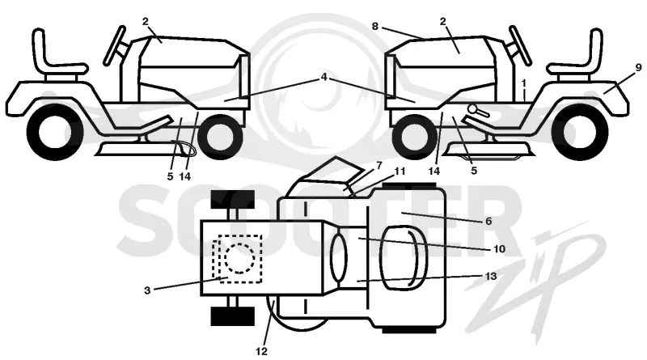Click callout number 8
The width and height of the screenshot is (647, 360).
(x=374, y=27)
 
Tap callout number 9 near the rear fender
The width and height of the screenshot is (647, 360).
(x=638, y=67)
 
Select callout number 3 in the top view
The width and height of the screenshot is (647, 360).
(x=147, y=290)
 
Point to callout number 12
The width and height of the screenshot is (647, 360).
(x=261, y=351)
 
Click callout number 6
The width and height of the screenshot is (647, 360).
(x=488, y=222)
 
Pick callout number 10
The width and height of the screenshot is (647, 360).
(x=499, y=249)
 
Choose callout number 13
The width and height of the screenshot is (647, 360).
(x=491, y=276)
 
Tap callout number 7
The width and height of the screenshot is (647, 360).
(x=379, y=166)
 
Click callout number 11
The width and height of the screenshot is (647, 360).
(x=400, y=171)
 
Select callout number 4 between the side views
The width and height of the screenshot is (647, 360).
(x=324, y=77)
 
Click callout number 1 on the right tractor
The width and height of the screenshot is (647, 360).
(x=523, y=83)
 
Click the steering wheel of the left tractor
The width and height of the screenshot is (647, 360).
(x=115, y=45)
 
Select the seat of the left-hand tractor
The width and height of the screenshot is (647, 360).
(x=59, y=53)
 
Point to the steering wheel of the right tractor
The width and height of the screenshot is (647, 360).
(x=520, y=45)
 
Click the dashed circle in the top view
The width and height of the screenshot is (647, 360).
(x=239, y=257)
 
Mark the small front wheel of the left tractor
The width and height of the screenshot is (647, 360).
(x=220, y=137)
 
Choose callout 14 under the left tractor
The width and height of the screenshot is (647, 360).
(x=185, y=176)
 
